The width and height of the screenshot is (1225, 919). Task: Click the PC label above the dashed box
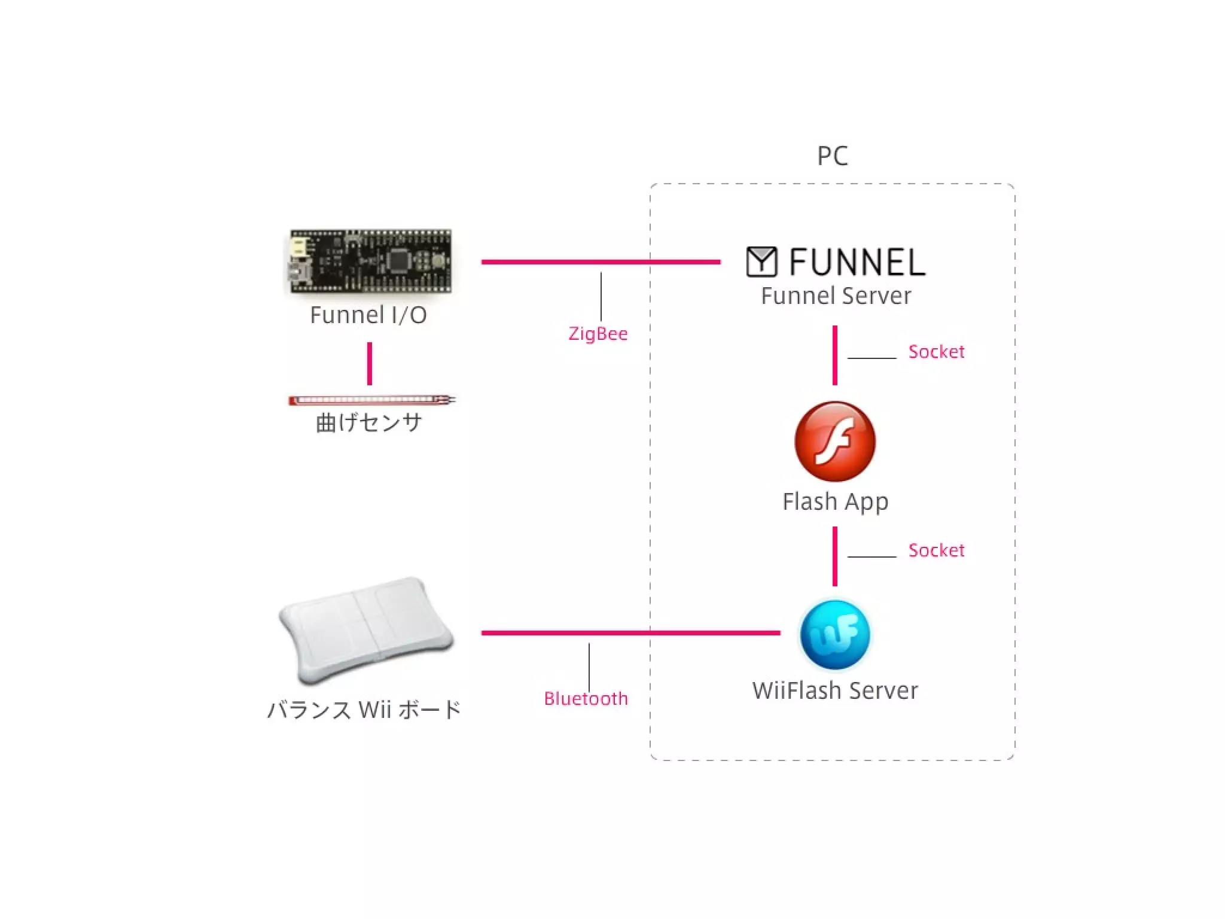click(x=833, y=156)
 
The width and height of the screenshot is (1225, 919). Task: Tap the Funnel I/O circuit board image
click(x=370, y=261)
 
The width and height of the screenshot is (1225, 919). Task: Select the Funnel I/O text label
click(x=368, y=315)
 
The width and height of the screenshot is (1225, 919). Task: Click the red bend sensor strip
click(x=371, y=400)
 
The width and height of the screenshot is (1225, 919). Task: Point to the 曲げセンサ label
click(x=369, y=423)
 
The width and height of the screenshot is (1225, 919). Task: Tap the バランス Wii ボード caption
click(x=364, y=710)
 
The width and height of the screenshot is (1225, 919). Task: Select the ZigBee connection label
click(x=598, y=334)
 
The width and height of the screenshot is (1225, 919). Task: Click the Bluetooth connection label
click(x=586, y=699)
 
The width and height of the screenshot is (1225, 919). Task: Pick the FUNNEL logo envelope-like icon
click(x=761, y=262)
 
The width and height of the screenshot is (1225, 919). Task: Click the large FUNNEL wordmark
click(x=857, y=263)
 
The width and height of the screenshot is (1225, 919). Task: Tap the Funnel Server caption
click(x=836, y=296)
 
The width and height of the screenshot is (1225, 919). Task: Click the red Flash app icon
click(x=835, y=442)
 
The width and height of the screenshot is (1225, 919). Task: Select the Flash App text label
click(x=835, y=502)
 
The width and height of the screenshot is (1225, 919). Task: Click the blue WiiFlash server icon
click(x=835, y=634)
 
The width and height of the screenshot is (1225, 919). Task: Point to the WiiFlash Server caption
click(x=835, y=691)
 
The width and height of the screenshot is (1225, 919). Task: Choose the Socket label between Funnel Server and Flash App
click(x=936, y=352)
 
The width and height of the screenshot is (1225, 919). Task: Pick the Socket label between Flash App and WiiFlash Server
click(x=936, y=550)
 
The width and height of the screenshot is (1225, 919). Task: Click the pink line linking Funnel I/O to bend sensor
click(x=370, y=364)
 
